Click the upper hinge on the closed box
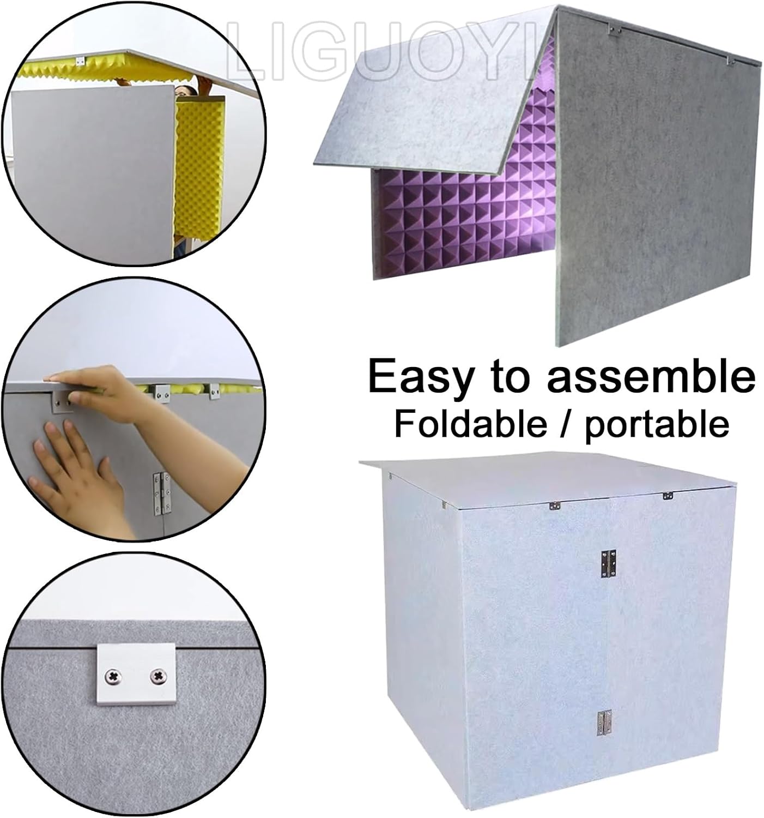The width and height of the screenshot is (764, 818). (x=609, y=563)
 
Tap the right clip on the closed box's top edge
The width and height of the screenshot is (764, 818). (x=668, y=496)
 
